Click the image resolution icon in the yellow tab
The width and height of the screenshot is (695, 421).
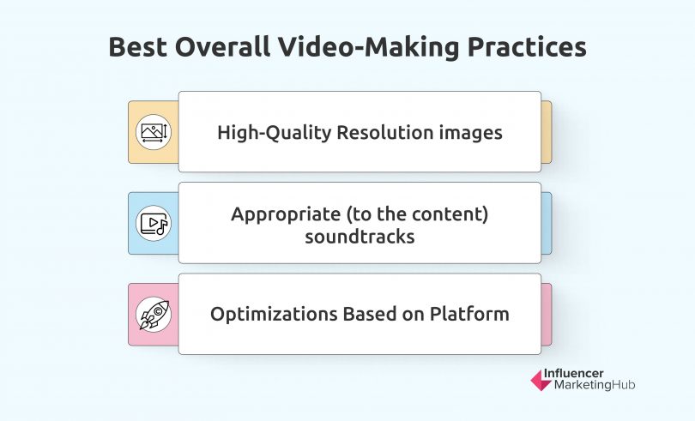pyautogui.click(x=154, y=132)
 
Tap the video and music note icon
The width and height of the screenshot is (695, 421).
pyautogui.click(x=154, y=223)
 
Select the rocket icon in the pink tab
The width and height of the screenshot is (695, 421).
pyautogui.click(x=154, y=314)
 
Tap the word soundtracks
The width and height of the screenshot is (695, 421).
pyautogui.click(x=360, y=236)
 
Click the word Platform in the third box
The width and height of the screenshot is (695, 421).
pyautogui.click(x=471, y=314)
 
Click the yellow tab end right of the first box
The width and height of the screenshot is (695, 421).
pyautogui.click(x=547, y=132)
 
